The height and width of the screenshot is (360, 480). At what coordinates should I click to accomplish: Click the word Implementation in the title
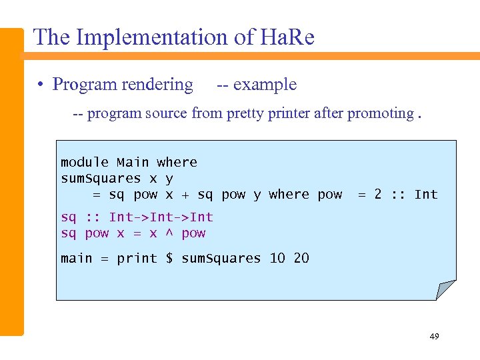coord(154,37)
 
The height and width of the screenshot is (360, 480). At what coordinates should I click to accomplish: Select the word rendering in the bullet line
coord(161,85)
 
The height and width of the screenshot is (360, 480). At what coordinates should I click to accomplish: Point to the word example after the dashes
coord(265,85)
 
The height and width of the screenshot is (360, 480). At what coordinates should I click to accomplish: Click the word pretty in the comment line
coord(249,113)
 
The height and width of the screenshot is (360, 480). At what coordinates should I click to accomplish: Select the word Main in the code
coord(133,162)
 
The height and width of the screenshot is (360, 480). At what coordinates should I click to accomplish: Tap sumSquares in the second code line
coord(101,178)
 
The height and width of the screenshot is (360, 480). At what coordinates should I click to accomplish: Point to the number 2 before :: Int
coord(378,195)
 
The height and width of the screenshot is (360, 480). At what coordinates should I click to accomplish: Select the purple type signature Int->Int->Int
coord(161,217)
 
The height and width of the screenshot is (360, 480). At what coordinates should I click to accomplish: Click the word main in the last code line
coord(77,259)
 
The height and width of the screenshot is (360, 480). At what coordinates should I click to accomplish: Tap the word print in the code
coord(137,259)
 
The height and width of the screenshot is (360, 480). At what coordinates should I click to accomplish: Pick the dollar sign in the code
coord(169,259)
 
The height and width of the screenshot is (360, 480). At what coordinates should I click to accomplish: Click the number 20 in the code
coord(301,259)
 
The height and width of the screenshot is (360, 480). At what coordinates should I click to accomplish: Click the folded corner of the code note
coord(445,289)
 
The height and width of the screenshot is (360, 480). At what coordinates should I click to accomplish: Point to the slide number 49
coord(434,337)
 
